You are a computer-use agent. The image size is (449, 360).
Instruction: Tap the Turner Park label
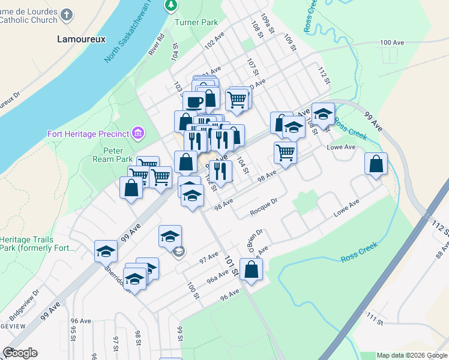pos(196,23)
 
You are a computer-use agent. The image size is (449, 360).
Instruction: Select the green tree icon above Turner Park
pos(172,5)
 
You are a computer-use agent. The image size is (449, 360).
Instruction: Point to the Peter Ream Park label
pos(108,155)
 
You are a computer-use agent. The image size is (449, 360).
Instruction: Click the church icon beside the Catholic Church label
pos(67,14)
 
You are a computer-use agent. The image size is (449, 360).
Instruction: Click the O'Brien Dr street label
pos(255,238)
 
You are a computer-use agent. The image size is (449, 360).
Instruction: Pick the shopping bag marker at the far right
pos(376,164)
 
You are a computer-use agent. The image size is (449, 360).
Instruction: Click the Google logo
pos(20,353)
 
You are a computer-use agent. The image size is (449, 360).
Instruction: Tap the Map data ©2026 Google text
pos(412,355)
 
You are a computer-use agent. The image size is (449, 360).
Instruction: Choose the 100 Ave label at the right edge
pos(393,43)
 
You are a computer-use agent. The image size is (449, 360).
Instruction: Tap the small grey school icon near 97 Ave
pos(179,252)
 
